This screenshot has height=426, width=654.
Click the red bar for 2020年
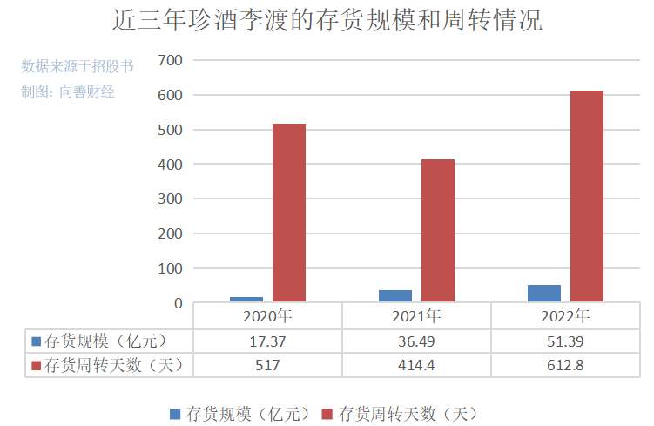tap(289, 213)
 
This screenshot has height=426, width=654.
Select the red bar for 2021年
tap(438, 231)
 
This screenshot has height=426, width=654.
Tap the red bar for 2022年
tap(587, 197)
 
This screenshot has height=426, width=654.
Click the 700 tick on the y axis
tap(170, 60)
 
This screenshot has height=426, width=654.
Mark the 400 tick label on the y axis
tap(170, 165)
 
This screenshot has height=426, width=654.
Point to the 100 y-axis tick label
tap(170, 268)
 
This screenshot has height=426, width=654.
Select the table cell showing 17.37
tap(267, 341)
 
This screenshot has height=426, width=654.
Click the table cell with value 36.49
tap(416, 341)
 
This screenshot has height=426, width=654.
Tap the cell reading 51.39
tap(565, 341)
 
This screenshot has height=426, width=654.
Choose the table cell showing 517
tap(267, 365)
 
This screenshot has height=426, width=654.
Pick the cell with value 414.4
tap(416, 365)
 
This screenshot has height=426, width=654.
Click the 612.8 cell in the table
tap(565, 365)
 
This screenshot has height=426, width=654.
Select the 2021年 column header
tap(416, 315)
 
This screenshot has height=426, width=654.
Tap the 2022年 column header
tap(565, 315)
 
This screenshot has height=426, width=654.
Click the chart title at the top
tap(327, 20)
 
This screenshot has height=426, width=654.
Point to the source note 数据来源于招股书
tap(78, 66)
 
